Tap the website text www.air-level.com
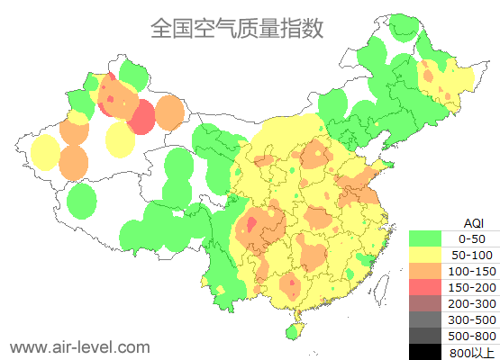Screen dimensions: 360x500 79,346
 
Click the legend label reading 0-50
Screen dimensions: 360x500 472,238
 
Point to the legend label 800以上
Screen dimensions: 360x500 472,351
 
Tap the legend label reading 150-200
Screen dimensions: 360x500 472,287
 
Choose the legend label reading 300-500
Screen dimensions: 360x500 472,319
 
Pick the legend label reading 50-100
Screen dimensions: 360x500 472,255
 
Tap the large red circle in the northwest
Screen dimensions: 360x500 142,117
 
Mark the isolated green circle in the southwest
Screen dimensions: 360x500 82,201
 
